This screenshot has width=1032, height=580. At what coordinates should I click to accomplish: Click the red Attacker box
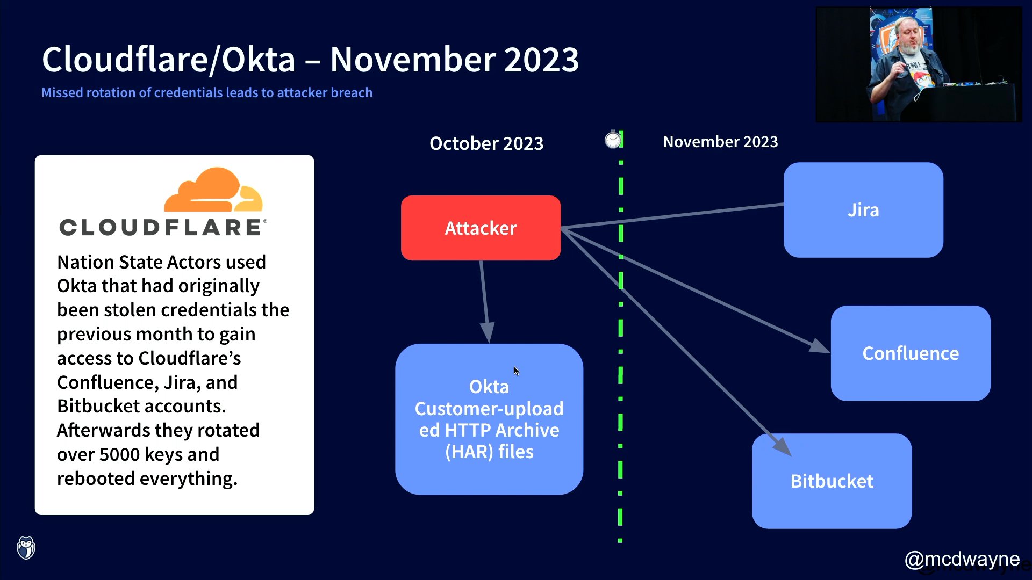pyautogui.click(x=481, y=228)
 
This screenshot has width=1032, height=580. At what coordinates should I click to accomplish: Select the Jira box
pyautogui.click(x=863, y=210)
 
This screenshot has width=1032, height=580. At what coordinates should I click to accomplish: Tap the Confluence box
pyautogui.click(x=911, y=353)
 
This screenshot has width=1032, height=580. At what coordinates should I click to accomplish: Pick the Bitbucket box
pyautogui.click(x=832, y=481)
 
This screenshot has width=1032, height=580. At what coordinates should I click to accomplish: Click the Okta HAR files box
pyautogui.click(x=489, y=419)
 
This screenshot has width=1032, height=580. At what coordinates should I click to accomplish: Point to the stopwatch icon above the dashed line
pyautogui.click(x=612, y=140)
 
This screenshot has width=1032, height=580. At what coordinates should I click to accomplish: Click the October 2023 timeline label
pyautogui.click(x=486, y=143)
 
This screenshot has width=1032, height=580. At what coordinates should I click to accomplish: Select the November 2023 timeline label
pyautogui.click(x=720, y=142)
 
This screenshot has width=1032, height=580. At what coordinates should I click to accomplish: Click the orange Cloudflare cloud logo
pyautogui.click(x=213, y=191)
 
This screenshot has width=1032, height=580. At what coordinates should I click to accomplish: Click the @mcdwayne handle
pyautogui.click(x=962, y=559)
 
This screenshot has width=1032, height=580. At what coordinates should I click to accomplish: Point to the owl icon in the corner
pyautogui.click(x=26, y=548)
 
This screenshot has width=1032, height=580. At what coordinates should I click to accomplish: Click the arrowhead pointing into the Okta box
pyautogui.click(x=487, y=332)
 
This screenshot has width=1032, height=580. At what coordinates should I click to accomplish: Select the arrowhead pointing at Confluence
pyautogui.click(x=819, y=347)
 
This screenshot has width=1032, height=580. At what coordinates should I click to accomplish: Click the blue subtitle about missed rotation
pyautogui.click(x=207, y=92)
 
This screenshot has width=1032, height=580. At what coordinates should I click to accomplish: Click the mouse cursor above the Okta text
pyautogui.click(x=516, y=371)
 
